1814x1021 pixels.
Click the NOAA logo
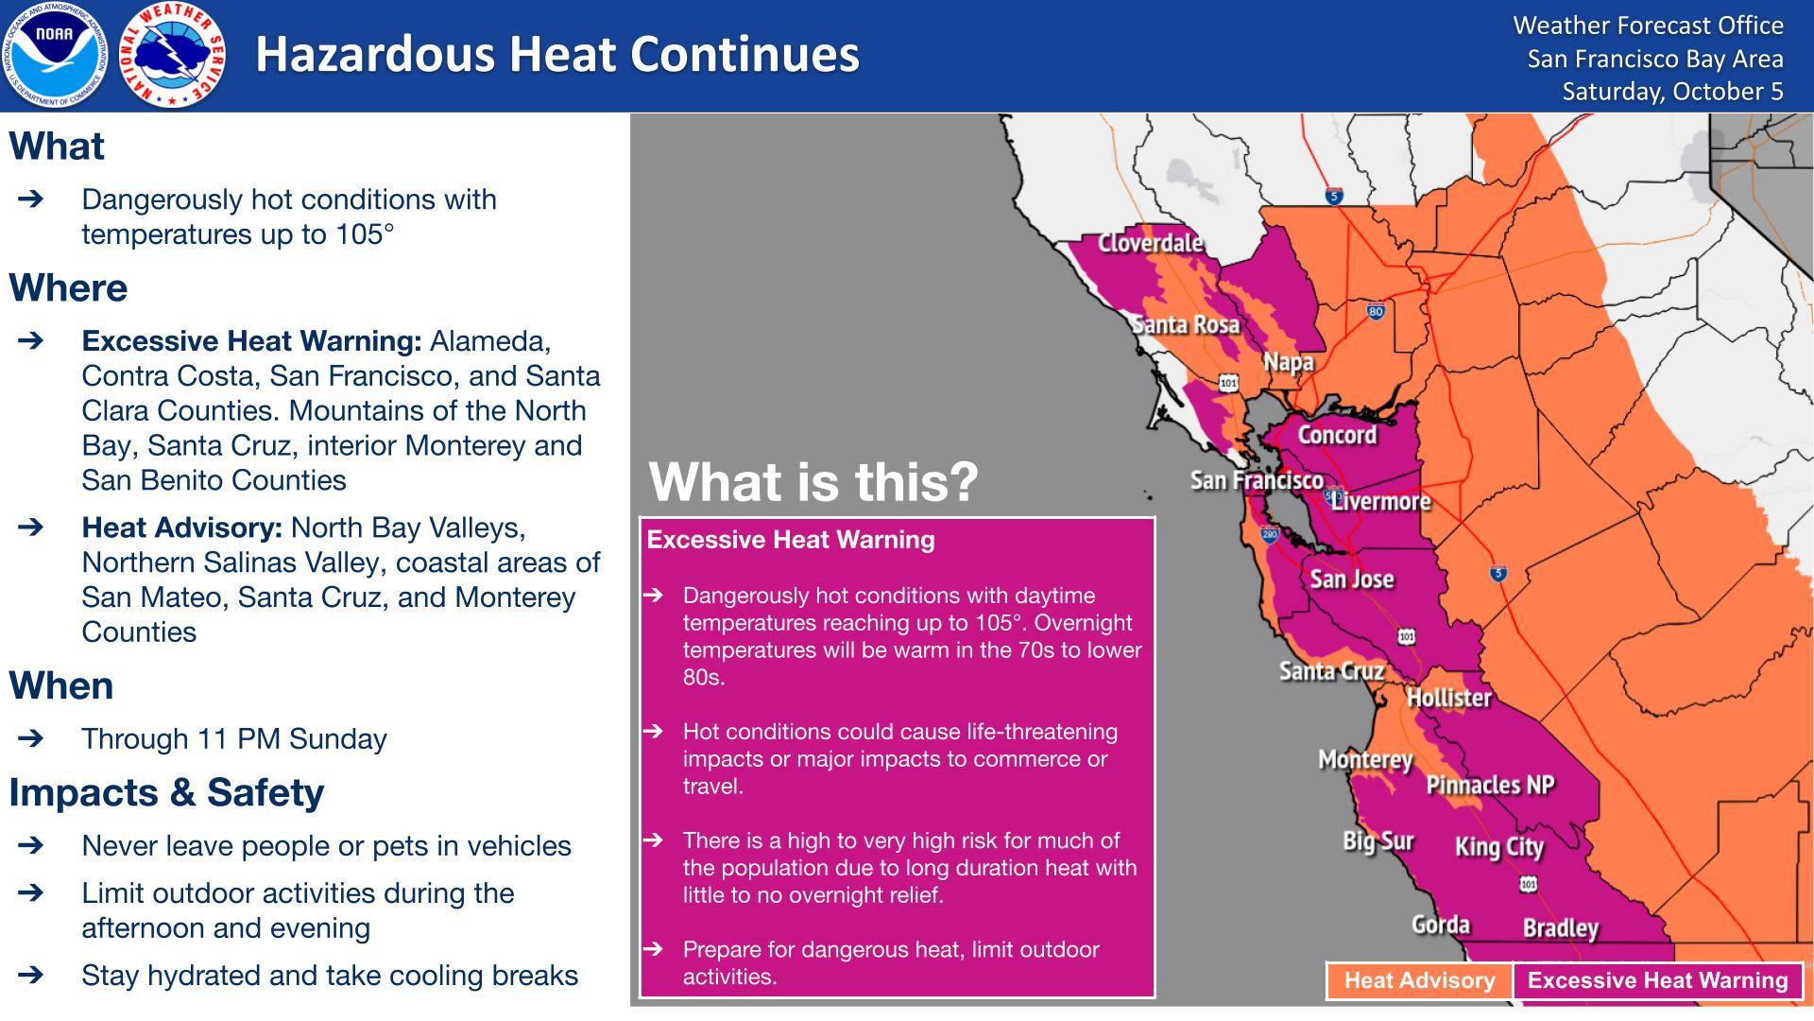point(55,55)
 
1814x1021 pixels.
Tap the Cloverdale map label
point(1150,243)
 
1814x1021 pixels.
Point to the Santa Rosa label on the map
point(1186,324)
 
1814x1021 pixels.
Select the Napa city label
point(1289,362)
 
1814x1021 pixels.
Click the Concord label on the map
point(1337,435)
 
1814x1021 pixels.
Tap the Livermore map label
point(1381,501)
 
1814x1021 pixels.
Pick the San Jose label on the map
point(1352,579)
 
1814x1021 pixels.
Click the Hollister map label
point(1449,698)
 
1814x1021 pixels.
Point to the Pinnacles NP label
point(1491,785)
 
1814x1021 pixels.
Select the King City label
point(1499,847)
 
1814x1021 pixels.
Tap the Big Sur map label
point(1378,841)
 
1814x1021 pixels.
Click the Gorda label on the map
point(1441,924)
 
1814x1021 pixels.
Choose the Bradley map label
point(1561,928)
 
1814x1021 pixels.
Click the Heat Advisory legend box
point(1419,980)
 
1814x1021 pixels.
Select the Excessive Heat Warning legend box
point(1658,980)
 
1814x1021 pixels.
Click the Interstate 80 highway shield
point(1376,311)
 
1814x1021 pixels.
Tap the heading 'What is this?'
point(813,482)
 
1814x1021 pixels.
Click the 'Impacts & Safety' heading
point(167,792)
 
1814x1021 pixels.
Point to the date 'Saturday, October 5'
point(1672,92)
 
